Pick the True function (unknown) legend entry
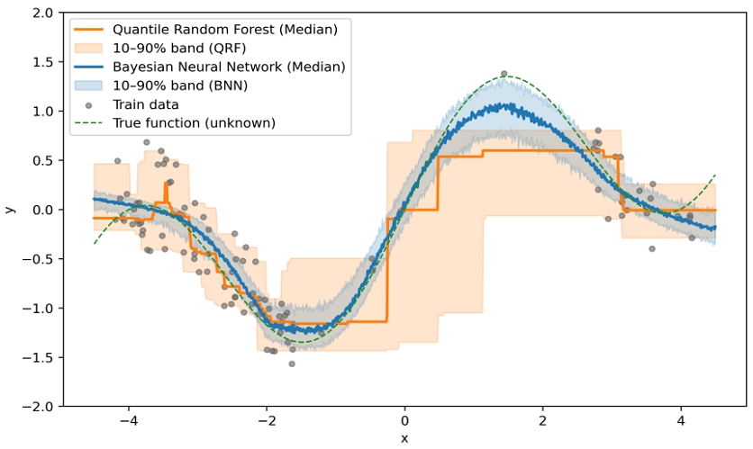(x=200, y=122)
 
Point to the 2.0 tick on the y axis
(x=41, y=13)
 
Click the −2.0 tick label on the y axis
(x=37, y=407)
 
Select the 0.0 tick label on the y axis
(x=41, y=210)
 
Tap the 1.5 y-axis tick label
(x=41, y=62)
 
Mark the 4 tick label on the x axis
(x=681, y=421)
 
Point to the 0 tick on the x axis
(x=405, y=421)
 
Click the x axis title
(x=405, y=438)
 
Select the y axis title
(x=10, y=210)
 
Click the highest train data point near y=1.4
(x=504, y=74)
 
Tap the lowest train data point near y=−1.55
(x=292, y=364)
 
